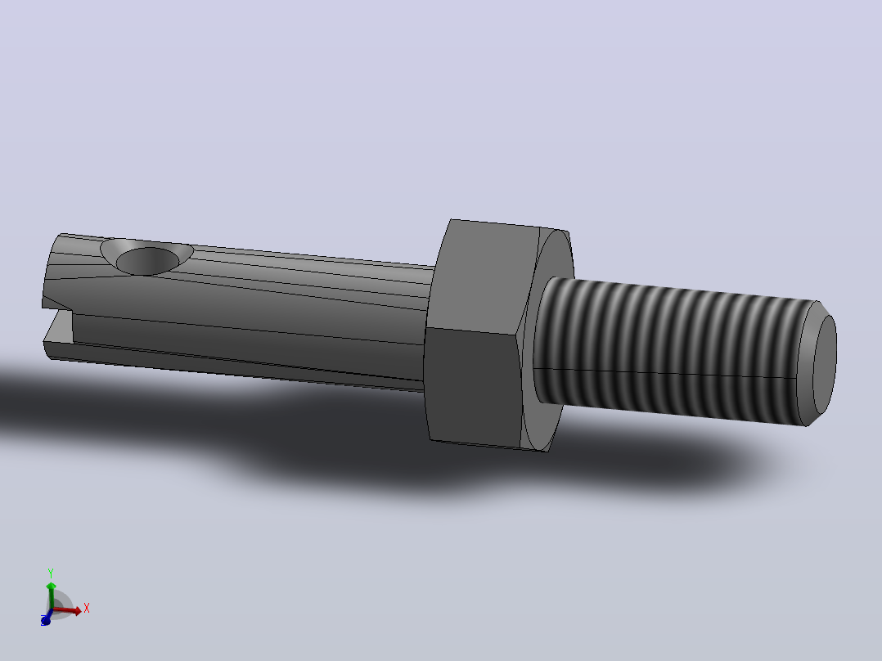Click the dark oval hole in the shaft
pyautogui.click(x=147, y=261)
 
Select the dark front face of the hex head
pyautogui.click(x=470, y=388)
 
